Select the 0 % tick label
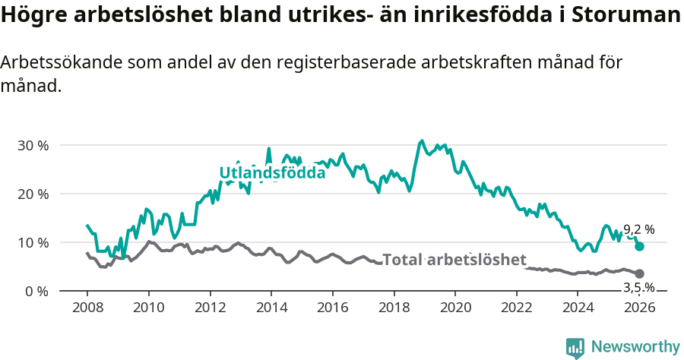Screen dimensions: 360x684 click(x=36, y=292)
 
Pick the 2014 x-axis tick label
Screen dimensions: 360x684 click(x=271, y=308)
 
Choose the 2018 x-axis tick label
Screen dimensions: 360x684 click(x=394, y=308)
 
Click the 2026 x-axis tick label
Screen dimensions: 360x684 click(x=639, y=308)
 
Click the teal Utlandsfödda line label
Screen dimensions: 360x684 click(x=272, y=172)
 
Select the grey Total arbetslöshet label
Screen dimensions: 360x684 click(x=454, y=260)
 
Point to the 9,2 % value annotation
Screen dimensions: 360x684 click(x=639, y=229)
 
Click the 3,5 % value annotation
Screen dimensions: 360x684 click(x=638, y=287)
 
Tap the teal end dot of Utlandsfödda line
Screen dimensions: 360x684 click(x=640, y=246)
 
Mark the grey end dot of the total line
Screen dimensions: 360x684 click(x=640, y=273)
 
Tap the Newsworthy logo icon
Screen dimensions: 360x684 click(x=575, y=347)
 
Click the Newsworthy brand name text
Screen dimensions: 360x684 click(x=635, y=347)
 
